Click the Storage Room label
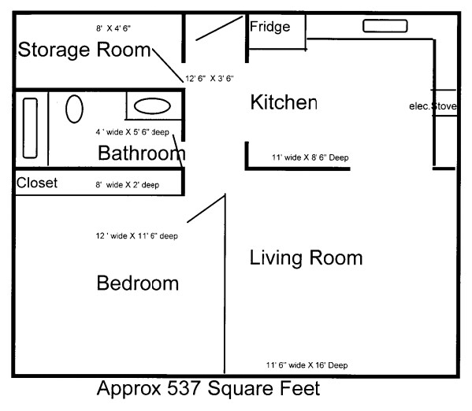84,50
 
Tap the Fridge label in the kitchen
269,27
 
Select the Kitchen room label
284,102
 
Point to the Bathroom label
142,154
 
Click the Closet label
37,183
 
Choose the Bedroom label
138,283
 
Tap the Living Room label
307,258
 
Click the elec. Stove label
433,106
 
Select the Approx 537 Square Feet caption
208,388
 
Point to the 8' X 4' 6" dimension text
113,28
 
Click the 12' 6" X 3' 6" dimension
210,79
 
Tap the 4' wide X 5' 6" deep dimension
132,132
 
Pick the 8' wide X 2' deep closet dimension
128,185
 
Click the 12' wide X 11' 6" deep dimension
136,236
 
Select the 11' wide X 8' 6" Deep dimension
310,157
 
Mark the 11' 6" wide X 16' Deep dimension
307,365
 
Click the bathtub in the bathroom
30,128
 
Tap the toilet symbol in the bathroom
74,109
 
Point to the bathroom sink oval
152,106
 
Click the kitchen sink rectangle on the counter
385,26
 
